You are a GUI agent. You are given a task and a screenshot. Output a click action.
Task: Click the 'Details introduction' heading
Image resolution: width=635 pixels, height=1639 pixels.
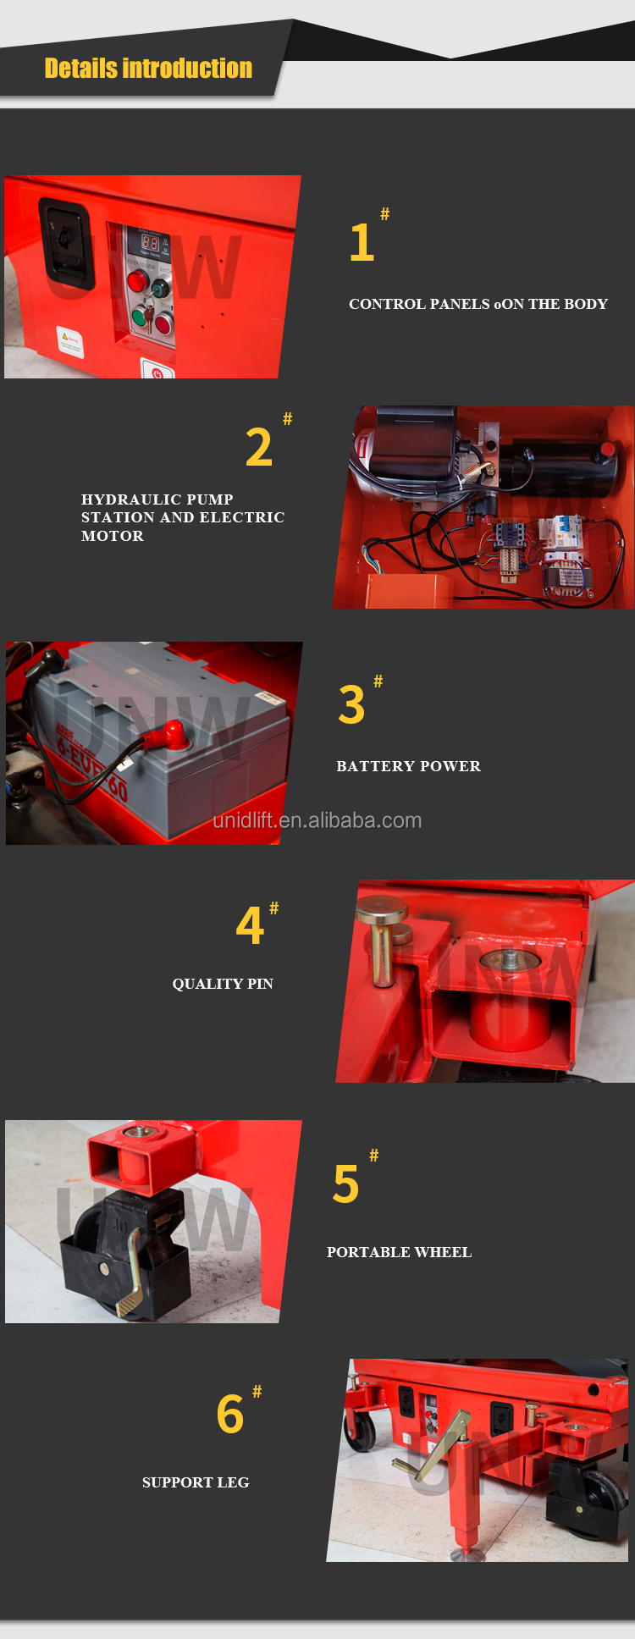[x=148, y=69]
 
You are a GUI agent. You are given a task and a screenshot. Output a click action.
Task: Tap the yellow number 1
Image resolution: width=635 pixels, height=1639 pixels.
[x=362, y=243]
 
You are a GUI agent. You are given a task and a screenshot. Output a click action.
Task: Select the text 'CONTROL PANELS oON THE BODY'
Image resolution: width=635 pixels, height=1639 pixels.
[x=478, y=304]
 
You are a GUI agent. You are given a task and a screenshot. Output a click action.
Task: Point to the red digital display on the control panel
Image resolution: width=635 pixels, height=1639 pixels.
[x=150, y=243]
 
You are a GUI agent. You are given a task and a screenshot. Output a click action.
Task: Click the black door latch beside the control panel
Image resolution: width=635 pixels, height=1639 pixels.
[x=64, y=242]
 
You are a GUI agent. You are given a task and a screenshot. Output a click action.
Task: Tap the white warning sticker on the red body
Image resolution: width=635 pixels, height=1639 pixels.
[x=69, y=342]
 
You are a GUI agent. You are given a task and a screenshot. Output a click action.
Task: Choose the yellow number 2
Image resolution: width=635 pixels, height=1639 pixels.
[x=258, y=448]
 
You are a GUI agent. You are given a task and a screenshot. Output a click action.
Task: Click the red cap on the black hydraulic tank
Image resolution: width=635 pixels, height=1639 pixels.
[x=606, y=450]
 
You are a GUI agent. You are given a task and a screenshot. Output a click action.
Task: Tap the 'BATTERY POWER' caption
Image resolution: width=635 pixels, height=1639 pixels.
[x=408, y=766]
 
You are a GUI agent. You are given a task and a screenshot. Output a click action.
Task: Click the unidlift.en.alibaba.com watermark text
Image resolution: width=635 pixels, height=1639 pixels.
[x=317, y=820]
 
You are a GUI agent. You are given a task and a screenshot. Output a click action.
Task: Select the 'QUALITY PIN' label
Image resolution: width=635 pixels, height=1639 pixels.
[x=223, y=984]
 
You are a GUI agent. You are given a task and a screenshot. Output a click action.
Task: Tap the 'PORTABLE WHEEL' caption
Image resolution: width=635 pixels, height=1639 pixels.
[x=399, y=1252]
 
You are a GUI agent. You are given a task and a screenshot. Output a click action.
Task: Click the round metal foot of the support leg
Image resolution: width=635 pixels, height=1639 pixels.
[x=467, y=1554]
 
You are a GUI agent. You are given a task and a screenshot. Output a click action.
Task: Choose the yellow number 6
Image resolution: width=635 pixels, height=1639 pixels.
[x=230, y=1415]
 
